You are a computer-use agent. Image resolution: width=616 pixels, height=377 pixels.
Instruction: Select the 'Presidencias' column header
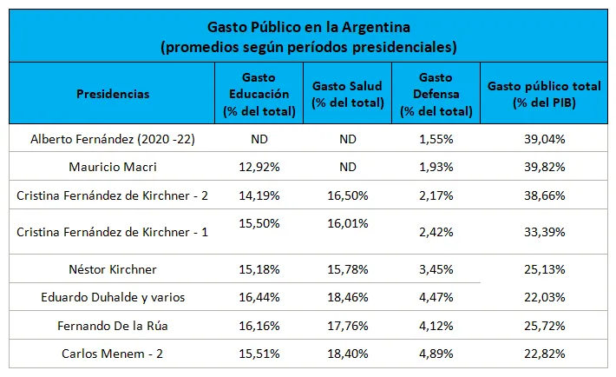tap(113, 94)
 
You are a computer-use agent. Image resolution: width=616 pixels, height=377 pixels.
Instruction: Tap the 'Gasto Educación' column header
tap(259, 94)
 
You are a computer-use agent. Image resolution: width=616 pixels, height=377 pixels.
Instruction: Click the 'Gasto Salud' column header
tap(347, 94)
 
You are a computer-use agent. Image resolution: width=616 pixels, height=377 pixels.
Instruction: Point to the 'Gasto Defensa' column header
tap(436, 94)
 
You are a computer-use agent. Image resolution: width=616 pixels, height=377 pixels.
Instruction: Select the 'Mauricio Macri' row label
tap(113, 166)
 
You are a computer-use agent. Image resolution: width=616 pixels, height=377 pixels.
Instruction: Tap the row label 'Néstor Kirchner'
tap(113, 269)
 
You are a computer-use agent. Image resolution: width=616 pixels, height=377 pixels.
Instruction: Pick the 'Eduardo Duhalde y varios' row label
tap(113, 297)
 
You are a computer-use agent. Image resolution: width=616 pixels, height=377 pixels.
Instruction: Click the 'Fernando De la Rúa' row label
tap(113, 326)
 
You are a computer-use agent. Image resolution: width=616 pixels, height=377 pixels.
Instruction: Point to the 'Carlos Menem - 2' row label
tap(113, 354)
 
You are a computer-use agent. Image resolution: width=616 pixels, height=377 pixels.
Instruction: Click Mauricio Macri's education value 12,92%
tap(259, 166)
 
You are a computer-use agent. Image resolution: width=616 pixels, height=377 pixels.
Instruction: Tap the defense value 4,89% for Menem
tap(436, 354)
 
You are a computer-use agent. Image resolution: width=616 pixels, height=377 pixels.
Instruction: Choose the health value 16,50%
tap(347, 197)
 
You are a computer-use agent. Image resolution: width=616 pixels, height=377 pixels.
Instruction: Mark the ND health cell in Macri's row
tap(347, 166)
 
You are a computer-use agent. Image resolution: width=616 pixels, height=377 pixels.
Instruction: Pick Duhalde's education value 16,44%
tap(259, 297)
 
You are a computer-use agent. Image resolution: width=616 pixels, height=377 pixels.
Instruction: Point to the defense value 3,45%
tap(436, 269)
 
